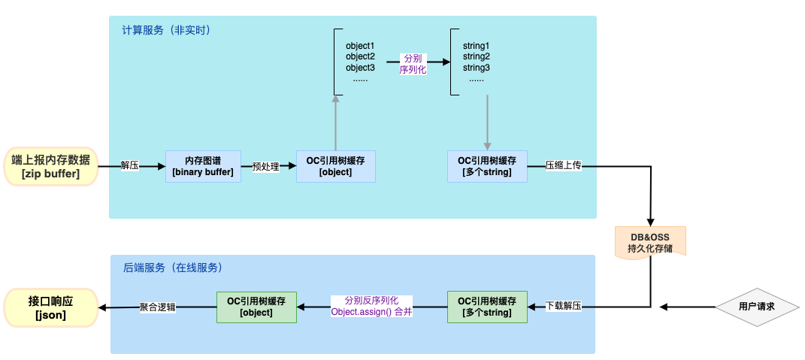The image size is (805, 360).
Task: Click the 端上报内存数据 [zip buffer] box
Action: coord(50,166)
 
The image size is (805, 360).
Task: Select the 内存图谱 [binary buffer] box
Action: coord(203,166)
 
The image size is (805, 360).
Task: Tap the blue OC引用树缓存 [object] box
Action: coord(335,166)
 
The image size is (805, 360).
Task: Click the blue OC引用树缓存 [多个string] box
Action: coord(486,166)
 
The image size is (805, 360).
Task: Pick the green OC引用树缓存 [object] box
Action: coord(256,307)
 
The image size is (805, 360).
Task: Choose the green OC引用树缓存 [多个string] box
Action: coord(486,307)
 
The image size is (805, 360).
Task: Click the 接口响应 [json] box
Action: coord(50,307)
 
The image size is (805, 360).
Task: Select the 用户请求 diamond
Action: coord(756,307)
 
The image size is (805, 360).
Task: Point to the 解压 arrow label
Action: coord(129,166)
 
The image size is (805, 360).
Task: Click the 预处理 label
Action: coord(266,166)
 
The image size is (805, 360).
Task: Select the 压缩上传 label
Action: coord(564,166)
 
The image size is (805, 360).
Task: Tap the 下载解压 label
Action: coord(564,307)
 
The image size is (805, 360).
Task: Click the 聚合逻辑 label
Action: coord(157,307)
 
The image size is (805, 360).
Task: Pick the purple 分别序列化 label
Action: coord(413,63)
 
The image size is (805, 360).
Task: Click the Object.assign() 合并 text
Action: coord(371,311)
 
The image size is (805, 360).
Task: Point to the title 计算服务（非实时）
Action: coord(165,31)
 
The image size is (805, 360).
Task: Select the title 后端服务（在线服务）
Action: coord(172,267)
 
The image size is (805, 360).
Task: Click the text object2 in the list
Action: coord(360,56)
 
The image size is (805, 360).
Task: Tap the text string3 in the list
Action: coord(477,68)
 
